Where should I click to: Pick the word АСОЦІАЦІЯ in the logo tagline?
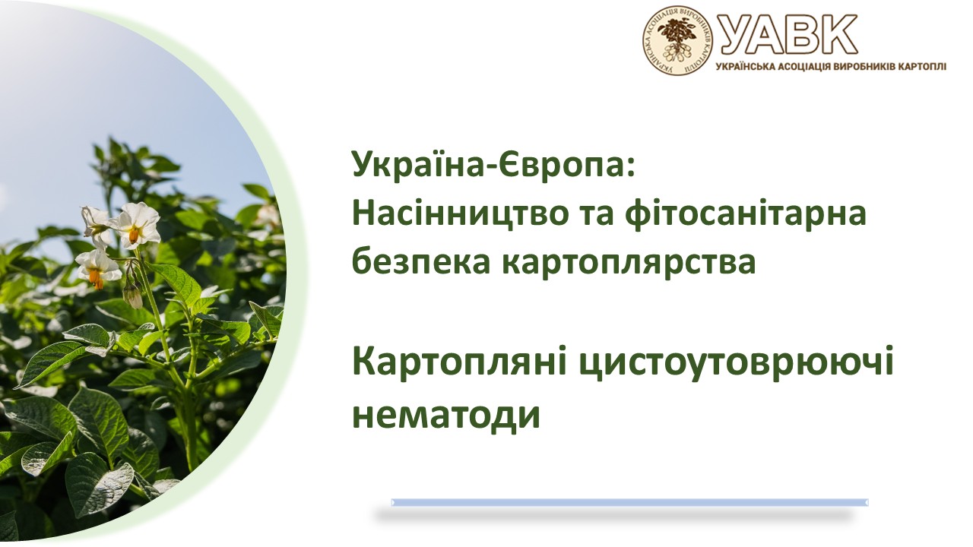791,67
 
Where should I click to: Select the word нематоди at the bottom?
445,415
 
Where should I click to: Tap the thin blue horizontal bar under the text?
629,502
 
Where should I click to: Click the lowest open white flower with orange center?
97,267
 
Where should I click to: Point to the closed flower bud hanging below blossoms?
133,296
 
